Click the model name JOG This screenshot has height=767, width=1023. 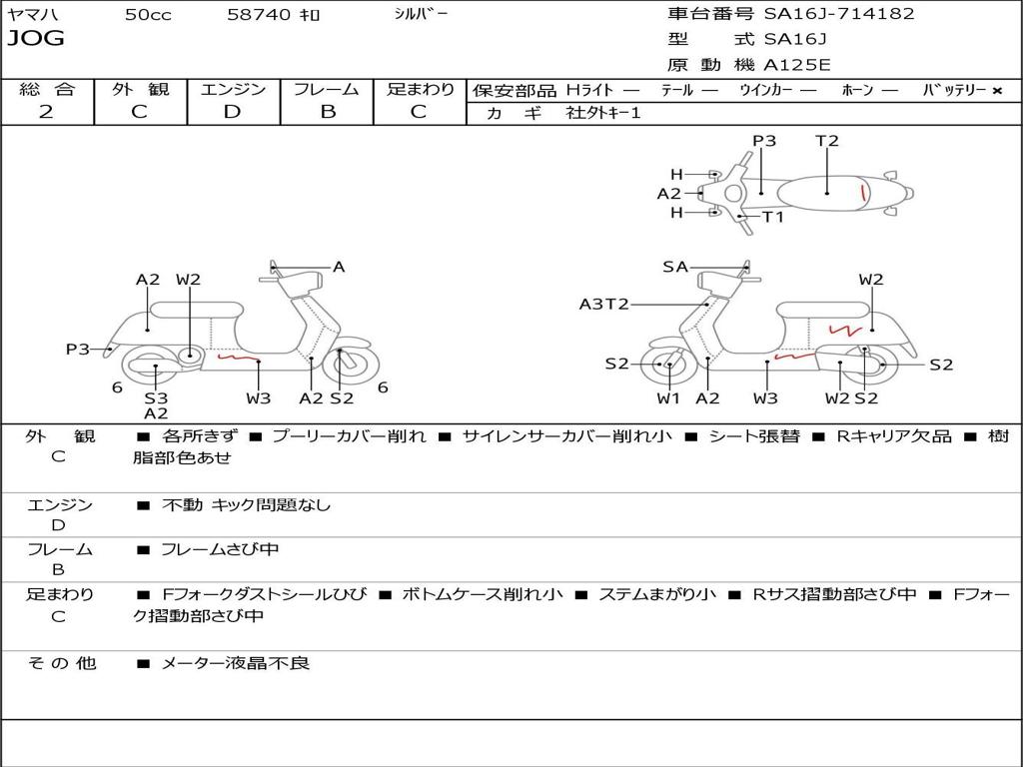click(36, 39)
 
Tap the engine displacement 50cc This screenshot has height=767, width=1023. click(148, 14)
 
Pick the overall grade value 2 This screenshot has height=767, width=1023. click(46, 112)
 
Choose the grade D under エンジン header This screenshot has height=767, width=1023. click(232, 112)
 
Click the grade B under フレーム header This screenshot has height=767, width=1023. click(327, 112)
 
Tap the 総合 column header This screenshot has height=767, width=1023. click(47, 89)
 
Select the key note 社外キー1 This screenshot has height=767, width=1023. click(604, 113)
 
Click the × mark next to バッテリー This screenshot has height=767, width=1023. click(996, 90)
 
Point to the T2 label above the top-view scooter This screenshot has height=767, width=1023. click(827, 141)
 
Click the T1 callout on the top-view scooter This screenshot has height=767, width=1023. click(773, 217)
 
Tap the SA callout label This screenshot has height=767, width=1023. click(675, 267)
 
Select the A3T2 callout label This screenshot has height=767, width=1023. click(604, 304)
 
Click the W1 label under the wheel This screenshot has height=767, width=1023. click(668, 398)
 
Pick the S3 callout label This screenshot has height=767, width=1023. click(156, 397)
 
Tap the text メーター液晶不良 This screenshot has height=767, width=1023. click(236, 662)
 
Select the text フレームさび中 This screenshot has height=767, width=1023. click(220, 549)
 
